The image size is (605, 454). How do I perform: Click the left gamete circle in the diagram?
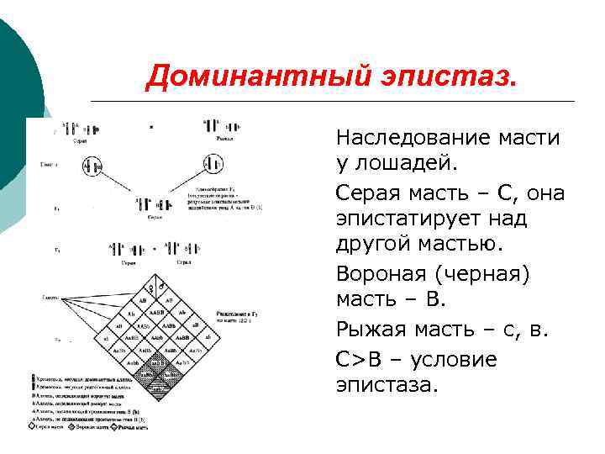(93, 166)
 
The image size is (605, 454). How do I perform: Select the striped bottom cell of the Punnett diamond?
(157, 390)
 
